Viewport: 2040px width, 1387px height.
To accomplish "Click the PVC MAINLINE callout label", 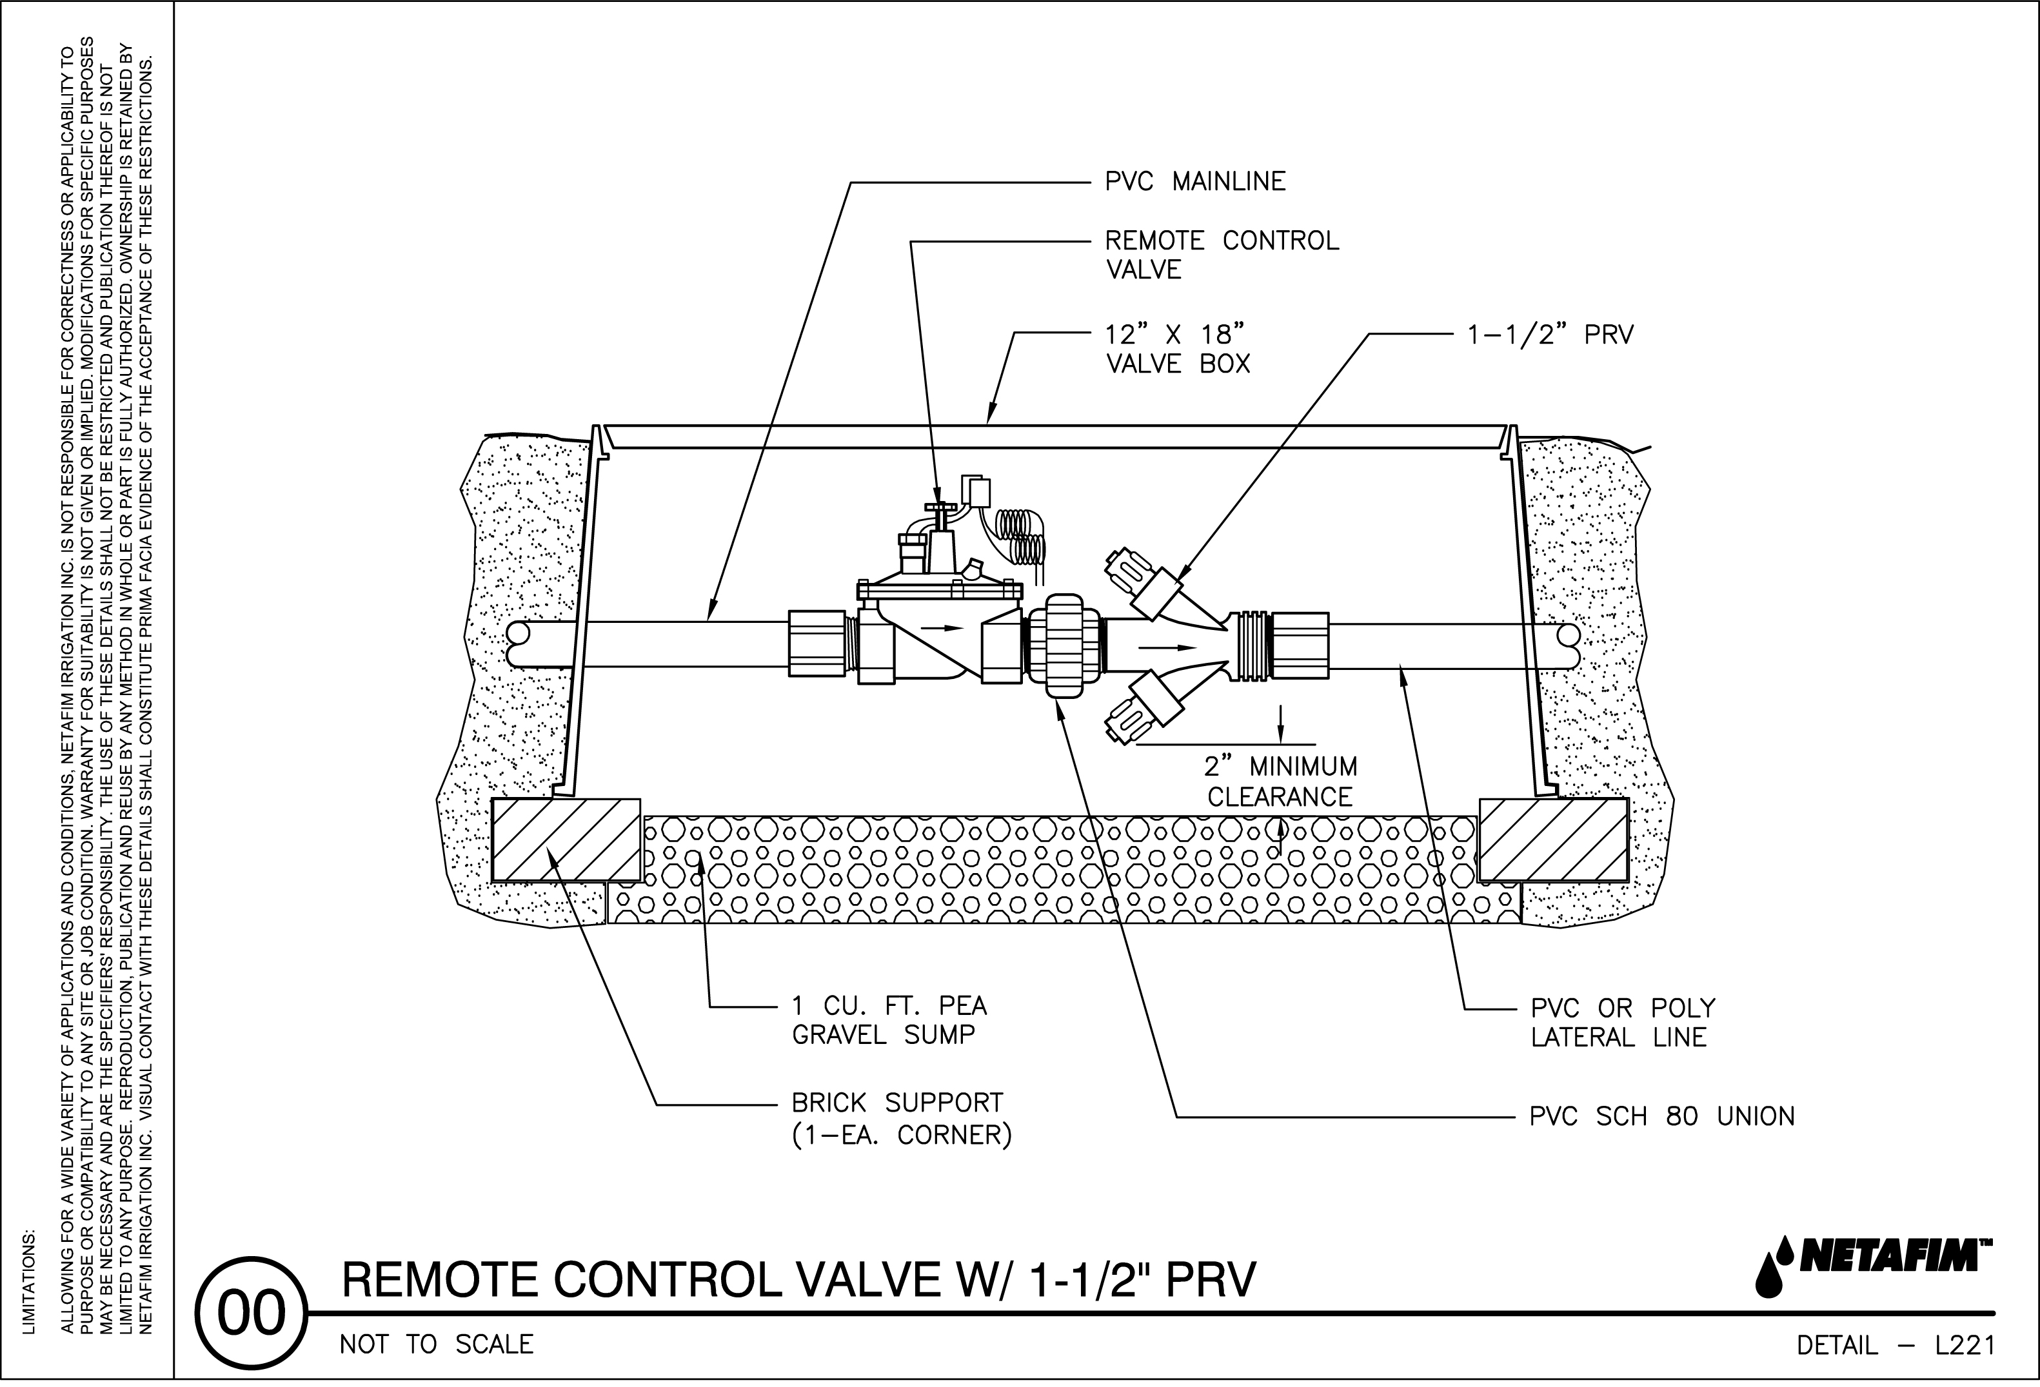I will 1194,182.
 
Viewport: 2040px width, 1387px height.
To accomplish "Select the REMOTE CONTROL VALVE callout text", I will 1221,255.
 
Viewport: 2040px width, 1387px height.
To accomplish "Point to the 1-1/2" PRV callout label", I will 1550,335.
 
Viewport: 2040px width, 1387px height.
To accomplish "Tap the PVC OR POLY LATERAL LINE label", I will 1622,1023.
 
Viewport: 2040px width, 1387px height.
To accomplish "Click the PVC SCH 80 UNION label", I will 1661,1117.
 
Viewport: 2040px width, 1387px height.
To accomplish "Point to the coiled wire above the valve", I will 1021,535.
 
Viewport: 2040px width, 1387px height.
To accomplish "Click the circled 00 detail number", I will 252,1315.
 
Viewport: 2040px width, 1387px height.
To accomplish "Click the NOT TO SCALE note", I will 436,1345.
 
